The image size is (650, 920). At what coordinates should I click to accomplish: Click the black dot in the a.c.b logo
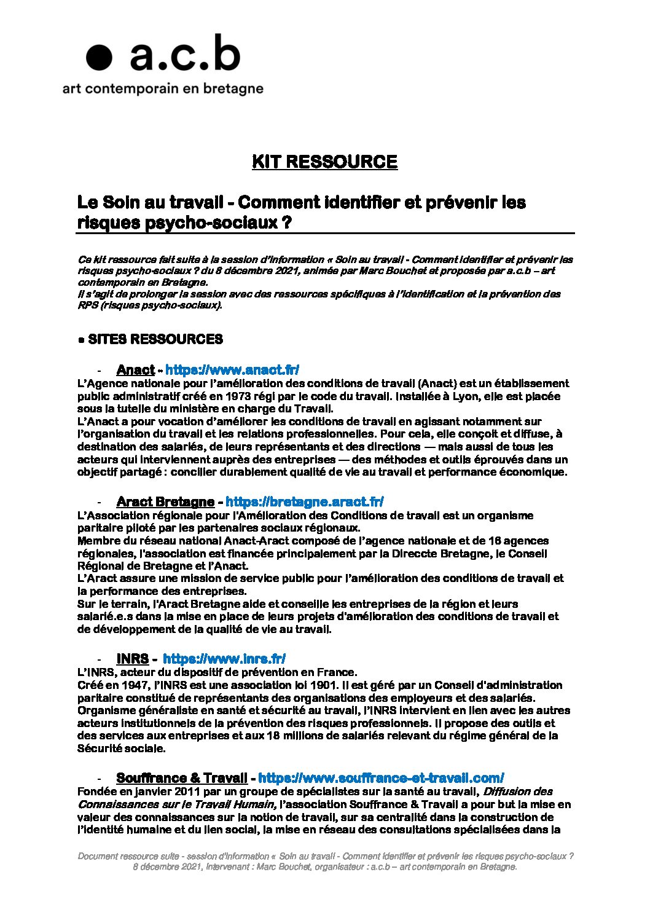coord(99,58)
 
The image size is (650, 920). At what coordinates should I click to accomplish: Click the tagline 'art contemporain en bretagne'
coord(163,88)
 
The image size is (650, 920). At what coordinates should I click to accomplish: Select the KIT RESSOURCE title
coord(324,162)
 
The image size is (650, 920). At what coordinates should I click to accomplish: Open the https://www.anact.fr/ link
coord(232,370)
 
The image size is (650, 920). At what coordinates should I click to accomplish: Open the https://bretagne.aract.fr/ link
coord(305,502)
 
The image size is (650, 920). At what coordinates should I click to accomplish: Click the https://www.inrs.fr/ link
coord(224,659)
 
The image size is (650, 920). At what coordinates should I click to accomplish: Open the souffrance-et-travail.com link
coord(381,778)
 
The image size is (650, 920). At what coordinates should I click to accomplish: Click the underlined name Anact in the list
coord(135,370)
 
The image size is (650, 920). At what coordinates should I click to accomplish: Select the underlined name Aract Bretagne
coord(165,502)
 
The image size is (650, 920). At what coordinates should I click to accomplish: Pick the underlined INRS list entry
coord(133,659)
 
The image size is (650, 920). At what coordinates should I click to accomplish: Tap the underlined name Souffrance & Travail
coord(182,778)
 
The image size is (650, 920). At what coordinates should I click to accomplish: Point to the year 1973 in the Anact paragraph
coord(238,396)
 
